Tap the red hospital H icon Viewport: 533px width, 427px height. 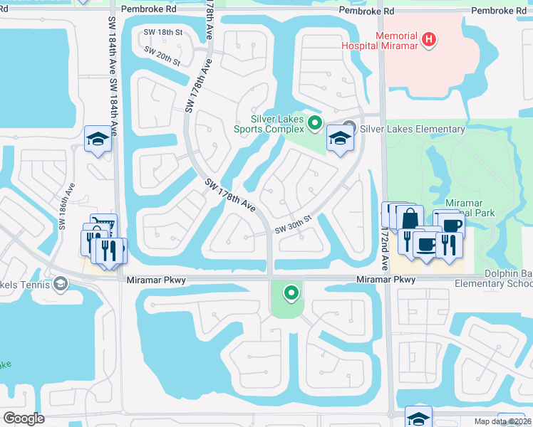428,39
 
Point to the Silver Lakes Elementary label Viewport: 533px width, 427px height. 413,129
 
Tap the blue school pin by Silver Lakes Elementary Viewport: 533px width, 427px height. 341,138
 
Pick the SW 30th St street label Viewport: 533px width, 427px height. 294,223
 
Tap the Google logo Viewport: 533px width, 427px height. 24,418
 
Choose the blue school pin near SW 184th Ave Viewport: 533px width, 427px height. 98,139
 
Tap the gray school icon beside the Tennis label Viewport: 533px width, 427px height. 61,285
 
